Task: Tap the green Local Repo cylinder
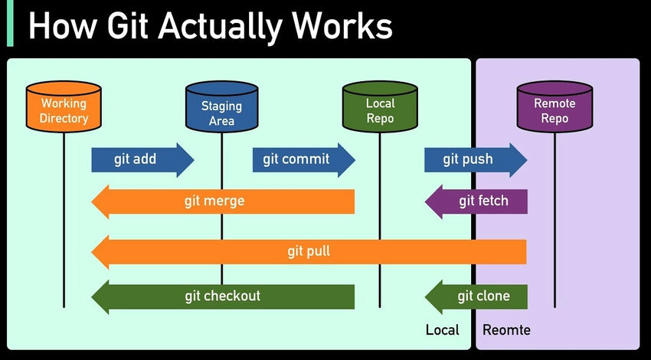click(380, 110)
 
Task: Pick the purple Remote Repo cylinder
click(554, 110)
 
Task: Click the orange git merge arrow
click(223, 201)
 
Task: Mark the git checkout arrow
click(223, 296)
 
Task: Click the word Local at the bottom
click(442, 330)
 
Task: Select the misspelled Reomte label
click(506, 330)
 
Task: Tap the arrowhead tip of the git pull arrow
click(95, 251)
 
